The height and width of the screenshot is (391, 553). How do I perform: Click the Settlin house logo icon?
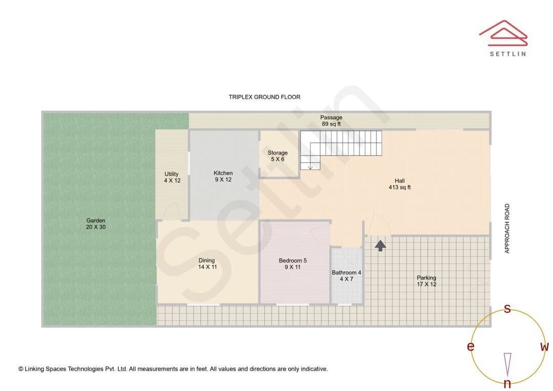[503, 33]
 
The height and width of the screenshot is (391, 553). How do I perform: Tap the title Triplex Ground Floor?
[265, 97]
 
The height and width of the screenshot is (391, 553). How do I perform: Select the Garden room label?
[96, 224]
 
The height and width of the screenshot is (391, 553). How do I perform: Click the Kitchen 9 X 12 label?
[223, 176]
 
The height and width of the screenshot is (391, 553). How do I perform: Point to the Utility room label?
[172, 178]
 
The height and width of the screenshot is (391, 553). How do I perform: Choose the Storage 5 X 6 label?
[278, 156]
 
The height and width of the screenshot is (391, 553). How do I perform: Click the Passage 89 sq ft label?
[331, 121]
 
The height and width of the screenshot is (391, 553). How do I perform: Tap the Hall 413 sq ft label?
[399, 184]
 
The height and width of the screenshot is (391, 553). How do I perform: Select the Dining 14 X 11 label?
[207, 264]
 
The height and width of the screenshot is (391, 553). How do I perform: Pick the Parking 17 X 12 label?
[427, 281]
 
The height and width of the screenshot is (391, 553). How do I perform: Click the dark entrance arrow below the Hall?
[380, 245]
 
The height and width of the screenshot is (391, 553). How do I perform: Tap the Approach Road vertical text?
[507, 228]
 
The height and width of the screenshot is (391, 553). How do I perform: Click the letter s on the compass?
[507, 309]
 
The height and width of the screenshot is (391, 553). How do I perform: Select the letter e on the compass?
[471, 346]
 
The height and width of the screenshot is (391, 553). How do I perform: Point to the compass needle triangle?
[507, 365]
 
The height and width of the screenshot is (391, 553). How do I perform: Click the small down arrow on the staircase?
[310, 167]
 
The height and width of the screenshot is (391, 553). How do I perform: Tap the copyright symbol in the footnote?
[21, 369]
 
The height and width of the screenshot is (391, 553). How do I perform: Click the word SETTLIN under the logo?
[508, 54]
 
